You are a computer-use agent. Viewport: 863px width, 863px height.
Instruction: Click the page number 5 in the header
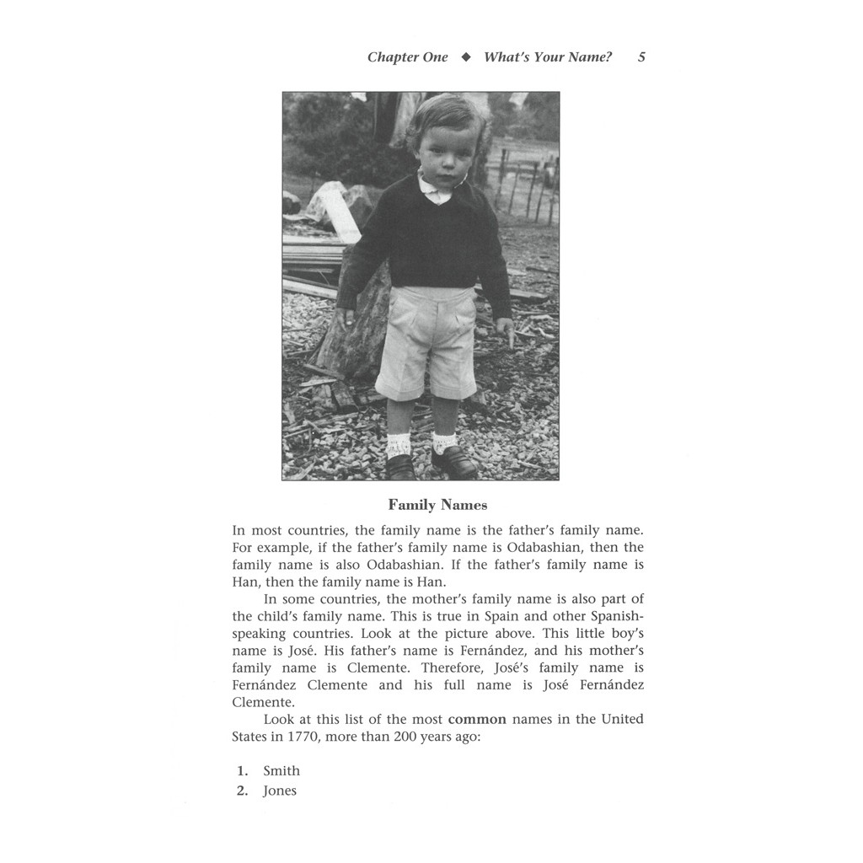[x=641, y=57]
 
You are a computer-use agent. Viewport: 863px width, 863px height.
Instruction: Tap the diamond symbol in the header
[x=465, y=57]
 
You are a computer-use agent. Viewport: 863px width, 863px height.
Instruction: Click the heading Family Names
[x=437, y=505]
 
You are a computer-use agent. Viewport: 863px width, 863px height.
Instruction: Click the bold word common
[x=477, y=719]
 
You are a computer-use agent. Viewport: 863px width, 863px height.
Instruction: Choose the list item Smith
[x=281, y=770]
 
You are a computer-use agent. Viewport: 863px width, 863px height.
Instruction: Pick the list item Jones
[x=280, y=791]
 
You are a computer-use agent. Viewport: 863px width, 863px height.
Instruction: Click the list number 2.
[x=242, y=791]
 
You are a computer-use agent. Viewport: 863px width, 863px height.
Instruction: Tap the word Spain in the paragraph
[x=457, y=616]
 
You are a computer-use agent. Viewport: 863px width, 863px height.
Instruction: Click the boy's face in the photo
[x=443, y=156]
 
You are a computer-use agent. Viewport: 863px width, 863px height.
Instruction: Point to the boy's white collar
[x=436, y=190]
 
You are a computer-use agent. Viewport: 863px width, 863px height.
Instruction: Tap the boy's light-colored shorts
[x=426, y=341]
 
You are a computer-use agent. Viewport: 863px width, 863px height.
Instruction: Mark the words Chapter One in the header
[x=407, y=57]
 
